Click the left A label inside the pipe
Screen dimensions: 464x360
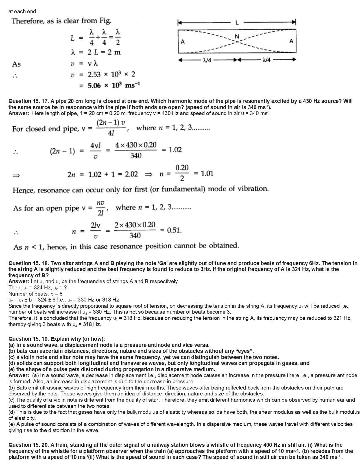pos(183,42)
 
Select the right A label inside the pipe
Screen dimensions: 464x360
pos(291,41)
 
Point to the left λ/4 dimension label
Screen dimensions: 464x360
pos(207,60)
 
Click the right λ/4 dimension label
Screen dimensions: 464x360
pos(266,60)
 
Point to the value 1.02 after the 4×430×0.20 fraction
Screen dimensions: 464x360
pos(175,150)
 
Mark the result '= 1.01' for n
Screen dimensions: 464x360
pos(204,173)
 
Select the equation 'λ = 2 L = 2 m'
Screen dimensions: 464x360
pos(96,52)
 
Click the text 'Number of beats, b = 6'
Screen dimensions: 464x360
pos(36,294)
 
